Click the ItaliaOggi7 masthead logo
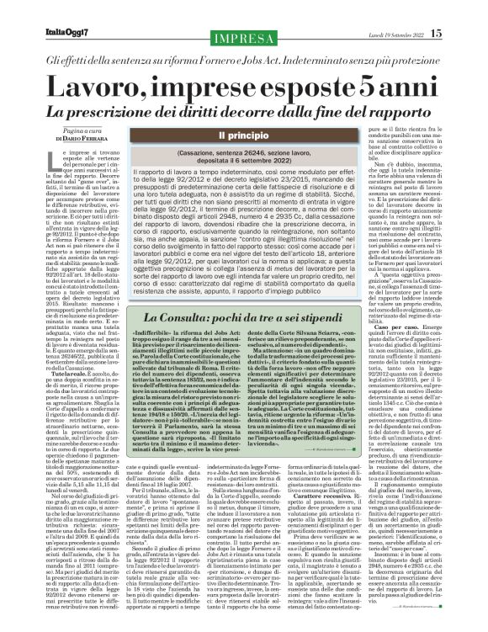(50, 10)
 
